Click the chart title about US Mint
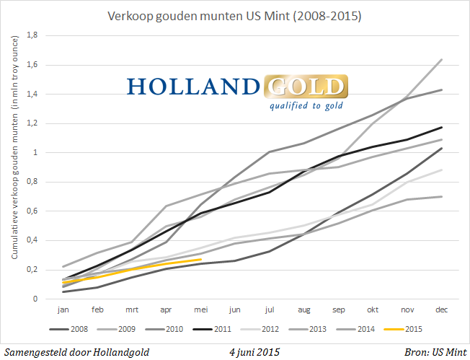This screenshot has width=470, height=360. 234,14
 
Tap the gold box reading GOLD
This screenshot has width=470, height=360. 306,87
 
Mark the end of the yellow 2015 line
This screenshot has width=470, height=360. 201,259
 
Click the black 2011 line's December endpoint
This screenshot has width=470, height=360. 442,127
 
